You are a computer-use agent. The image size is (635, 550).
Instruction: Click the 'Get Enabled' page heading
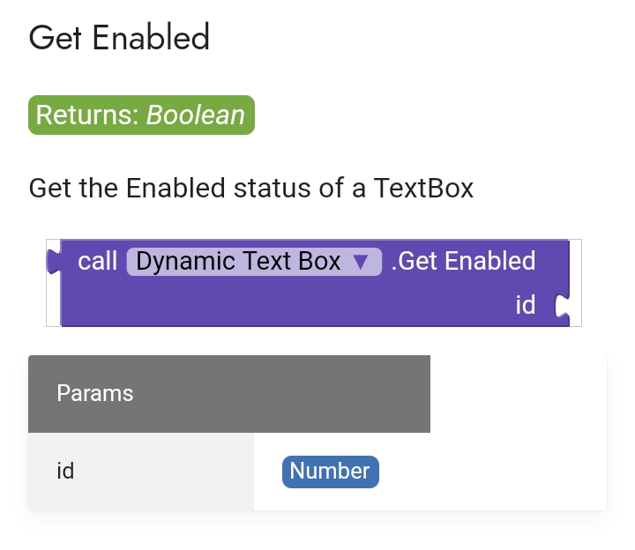pos(119,38)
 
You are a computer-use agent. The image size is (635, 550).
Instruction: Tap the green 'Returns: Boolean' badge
pos(141,115)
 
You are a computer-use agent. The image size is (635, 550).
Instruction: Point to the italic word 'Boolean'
pos(196,115)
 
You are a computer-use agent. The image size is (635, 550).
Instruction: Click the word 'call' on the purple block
pos(97,261)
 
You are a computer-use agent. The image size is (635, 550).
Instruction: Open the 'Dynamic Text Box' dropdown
pos(254,262)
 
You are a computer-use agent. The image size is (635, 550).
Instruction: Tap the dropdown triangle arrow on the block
pos(359,262)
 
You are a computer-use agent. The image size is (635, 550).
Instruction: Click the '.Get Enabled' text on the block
pos(463,261)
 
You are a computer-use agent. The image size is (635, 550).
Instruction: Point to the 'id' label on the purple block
pos(526,305)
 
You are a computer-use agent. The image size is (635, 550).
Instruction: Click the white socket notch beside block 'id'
pos(560,306)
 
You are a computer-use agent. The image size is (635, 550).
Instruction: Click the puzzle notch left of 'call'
pos(53,262)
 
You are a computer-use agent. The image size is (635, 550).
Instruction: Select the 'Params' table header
pos(95,393)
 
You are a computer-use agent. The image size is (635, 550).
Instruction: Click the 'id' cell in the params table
pos(65,471)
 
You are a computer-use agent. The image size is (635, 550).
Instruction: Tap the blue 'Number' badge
pos(330,471)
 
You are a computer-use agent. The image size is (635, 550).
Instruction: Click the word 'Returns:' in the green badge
pos(87,115)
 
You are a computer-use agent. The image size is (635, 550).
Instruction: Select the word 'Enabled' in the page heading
pos(152,38)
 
